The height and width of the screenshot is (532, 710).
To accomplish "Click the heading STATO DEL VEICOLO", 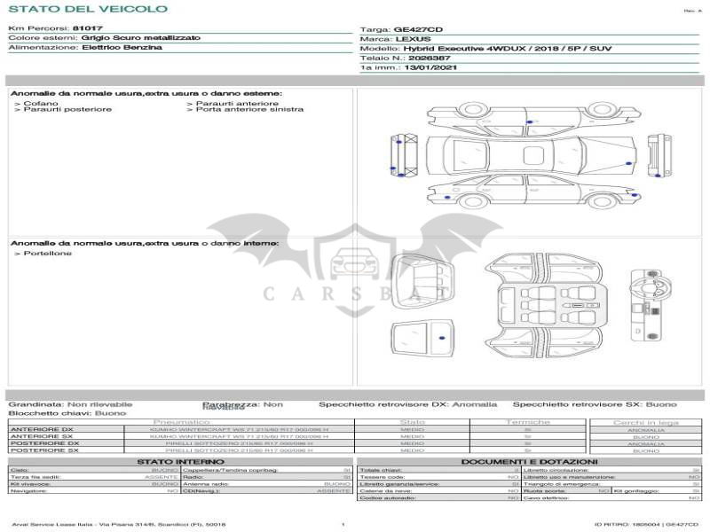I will pyautogui.click(x=87, y=9).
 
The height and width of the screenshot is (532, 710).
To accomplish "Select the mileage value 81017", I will pyautogui.click(x=88, y=28).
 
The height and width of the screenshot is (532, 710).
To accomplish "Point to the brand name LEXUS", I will pyautogui.click(x=414, y=39).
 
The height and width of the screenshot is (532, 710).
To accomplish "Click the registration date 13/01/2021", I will pyautogui.click(x=430, y=66).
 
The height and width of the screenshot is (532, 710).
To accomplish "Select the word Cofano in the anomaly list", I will pyautogui.click(x=42, y=104).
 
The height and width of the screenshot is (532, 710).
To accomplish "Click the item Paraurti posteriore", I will pyautogui.click(x=67, y=110).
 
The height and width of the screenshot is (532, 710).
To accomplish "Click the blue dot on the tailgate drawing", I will pyautogui.click(x=441, y=339).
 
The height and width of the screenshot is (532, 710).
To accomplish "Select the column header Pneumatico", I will pyautogui.click(x=182, y=422).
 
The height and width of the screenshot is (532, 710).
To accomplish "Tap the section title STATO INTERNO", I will pyautogui.click(x=174, y=462).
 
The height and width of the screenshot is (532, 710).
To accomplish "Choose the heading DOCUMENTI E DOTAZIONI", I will pyautogui.click(x=529, y=462).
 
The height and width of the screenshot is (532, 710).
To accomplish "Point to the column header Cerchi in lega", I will pyautogui.click(x=646, y=422).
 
